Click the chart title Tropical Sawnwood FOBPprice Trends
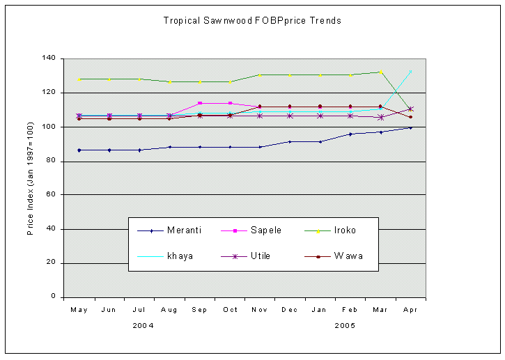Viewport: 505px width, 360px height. (x=252, y=21)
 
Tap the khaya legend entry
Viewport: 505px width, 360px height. (x=180, y=256)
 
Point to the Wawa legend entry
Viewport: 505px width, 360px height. (x=348, y=256)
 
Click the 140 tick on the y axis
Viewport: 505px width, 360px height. (x=50, y=58)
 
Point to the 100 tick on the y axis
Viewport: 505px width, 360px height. (x=50, y=127)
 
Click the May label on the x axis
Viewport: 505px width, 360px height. (x=79, y=310)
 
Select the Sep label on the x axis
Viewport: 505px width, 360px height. (x=199, y=310)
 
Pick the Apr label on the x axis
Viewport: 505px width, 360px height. (x=410, y=310)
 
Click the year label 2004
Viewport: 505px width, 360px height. (x=143, y=325)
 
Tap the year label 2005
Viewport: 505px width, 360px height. (x=345, y=325)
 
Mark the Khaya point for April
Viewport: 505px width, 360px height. (x=410, y=72)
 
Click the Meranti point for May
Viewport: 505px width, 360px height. (x=79, y=150)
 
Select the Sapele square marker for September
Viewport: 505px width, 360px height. (x=200, y=103)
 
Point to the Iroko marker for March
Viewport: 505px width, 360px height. (x=380, y=72)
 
